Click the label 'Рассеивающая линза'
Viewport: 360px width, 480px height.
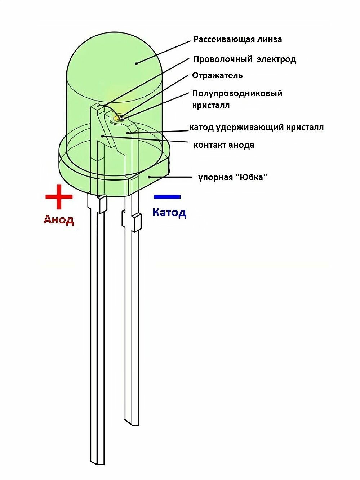237,39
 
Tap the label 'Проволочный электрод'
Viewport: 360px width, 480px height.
244,59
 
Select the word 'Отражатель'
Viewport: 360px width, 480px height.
217,75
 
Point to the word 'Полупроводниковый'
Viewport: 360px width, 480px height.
237,94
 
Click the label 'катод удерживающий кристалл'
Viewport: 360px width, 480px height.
256,127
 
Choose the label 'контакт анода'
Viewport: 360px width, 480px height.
224,145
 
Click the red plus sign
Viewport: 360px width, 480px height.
59,197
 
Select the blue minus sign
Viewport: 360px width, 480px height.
167,197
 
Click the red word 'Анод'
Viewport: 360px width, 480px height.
59,219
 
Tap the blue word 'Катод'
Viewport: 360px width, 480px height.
169,212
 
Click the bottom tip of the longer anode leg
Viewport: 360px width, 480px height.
97,462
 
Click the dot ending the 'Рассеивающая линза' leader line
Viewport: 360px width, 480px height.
137,63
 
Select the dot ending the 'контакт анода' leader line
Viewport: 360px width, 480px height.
103,136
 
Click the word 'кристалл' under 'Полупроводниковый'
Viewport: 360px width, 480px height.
211,106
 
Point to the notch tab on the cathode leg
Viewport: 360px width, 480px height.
137,222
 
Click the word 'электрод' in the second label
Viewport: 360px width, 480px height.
276,59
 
